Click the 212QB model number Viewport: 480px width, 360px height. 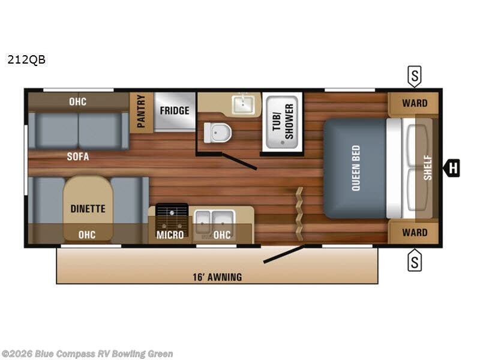coord(26,59)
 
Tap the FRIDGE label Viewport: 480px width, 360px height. coord(175,110)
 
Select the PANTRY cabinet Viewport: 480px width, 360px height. coord(141,112)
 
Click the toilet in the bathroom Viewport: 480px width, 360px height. coord(217,133)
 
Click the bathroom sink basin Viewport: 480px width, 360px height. coord(245,106)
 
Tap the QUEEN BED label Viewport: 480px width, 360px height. coord(355,168)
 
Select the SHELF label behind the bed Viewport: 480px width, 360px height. coord(427,168)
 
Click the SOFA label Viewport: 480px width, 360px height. coord(78,157)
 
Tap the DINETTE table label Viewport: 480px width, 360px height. coord(88,209)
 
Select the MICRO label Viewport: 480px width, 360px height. coord(170,235)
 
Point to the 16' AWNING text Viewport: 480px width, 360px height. coord(217,277)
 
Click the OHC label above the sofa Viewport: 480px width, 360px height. coord(77,101)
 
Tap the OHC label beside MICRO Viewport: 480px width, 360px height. coord(222,235)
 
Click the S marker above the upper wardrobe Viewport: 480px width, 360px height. coord(415,76)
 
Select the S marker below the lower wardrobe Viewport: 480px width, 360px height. coord(415,260)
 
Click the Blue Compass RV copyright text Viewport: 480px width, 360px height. coord(87,354)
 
